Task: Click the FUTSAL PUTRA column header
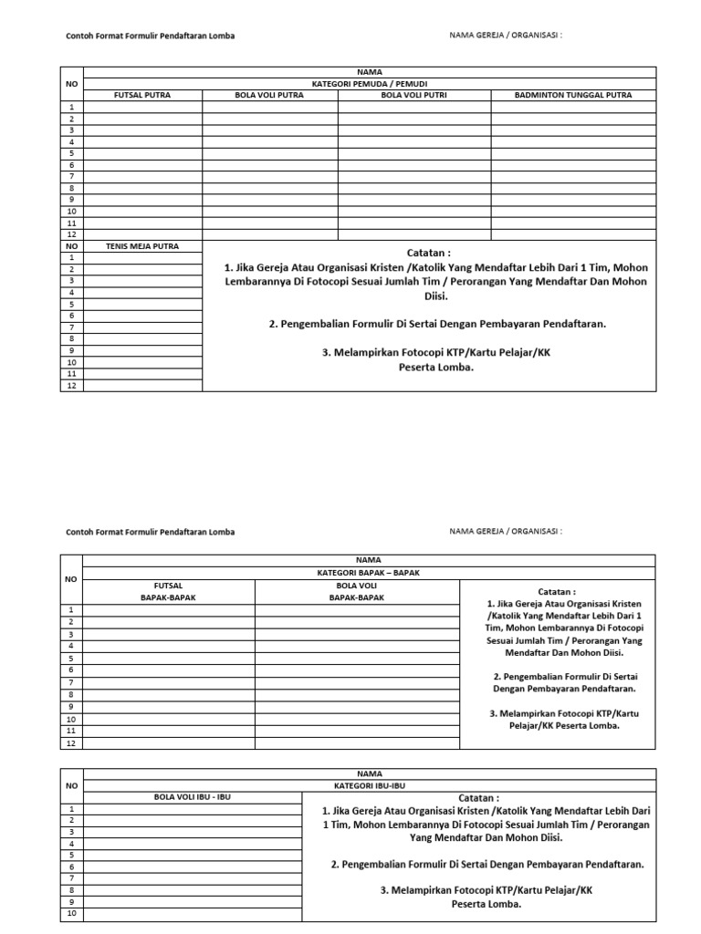[141, 95]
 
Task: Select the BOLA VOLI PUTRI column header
[413, 95]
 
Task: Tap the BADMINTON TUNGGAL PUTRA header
[572, 95]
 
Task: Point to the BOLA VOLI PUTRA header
[269, 95]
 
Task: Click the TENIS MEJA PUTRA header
[141, 246]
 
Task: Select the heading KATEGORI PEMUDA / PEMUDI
[369, 83]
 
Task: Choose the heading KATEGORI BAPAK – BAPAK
[369, 573]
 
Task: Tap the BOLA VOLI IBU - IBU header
[192, 796]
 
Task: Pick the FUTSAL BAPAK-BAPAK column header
[169, 591]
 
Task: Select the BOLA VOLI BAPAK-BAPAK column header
[357, 591]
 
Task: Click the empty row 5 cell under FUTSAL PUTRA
[141, 153]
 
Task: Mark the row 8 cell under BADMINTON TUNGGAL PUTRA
[572, 188]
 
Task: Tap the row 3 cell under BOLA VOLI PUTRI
[413, 130]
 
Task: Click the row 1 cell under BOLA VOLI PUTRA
[269, 107]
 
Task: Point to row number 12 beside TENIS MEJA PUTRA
[71, 386]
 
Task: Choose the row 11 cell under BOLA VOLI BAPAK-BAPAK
[357, 732]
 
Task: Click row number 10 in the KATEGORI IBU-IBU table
[71, 913]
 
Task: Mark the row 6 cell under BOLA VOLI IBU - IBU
[192, 867]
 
